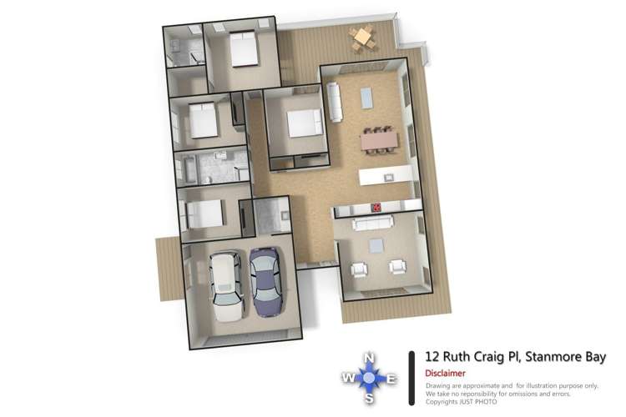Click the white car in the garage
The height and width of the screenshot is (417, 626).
pos(226,288)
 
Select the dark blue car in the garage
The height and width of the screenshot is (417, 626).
pos(265,281)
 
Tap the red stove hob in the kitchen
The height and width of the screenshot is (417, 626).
pos(376,208)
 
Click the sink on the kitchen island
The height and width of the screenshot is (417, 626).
pos(387,176)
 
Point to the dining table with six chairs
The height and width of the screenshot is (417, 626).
pos(378,141)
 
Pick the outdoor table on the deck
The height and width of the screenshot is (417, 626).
pos(362,38)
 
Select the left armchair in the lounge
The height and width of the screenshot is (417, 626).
pos(360,269)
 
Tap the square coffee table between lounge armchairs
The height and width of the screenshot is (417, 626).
pos(377,244)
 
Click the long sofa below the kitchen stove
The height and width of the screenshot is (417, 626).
pos(374,224)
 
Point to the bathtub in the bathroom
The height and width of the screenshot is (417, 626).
pos(188,170)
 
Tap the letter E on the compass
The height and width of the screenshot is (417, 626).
pos(392,379)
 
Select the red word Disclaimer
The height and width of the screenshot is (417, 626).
pos(445,374)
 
